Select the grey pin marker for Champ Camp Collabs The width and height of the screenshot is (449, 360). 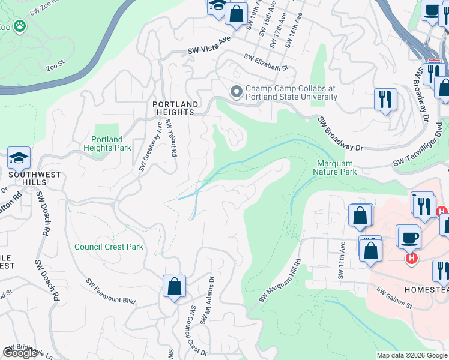(236, 92)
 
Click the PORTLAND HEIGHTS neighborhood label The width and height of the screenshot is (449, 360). (173, 107)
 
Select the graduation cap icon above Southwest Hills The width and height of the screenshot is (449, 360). (19, 158)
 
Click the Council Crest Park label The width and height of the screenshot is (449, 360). (109, 247)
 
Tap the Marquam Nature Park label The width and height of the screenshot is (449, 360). (334, 167)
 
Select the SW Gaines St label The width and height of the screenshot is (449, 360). (394, 298)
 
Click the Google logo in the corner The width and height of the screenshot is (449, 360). (20, 353)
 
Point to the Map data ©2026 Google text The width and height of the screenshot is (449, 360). (412, 355)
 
